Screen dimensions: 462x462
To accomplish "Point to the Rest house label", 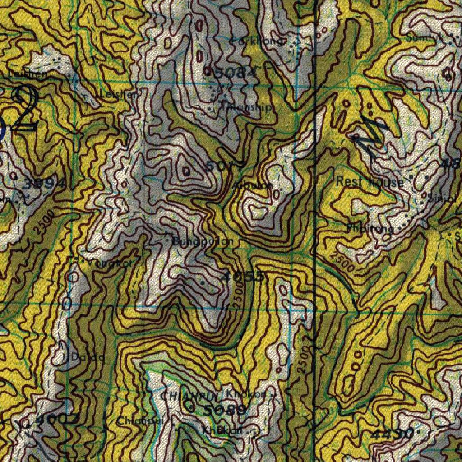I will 370,182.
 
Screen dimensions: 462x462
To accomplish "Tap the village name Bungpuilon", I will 203,241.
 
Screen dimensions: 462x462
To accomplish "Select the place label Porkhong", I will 257,42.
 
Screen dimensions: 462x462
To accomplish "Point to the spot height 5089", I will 225,410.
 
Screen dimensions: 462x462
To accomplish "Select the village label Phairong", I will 370,228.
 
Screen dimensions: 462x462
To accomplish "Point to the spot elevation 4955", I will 242,277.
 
